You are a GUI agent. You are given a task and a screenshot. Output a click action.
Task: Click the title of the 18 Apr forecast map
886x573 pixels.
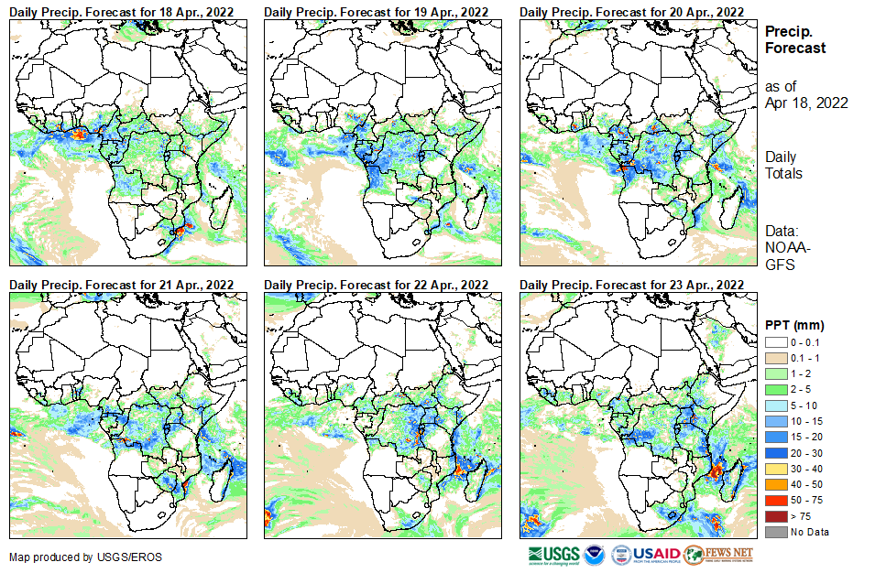pos(121,11)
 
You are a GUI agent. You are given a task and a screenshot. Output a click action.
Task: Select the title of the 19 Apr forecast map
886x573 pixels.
pos(376,11)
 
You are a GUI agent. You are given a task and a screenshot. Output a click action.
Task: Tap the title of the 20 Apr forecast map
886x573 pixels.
pos(631,11)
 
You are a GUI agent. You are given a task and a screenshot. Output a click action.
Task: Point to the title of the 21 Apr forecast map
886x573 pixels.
pos(121,285)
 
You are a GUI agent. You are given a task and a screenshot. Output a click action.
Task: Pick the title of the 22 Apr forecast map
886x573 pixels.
pos(376,285)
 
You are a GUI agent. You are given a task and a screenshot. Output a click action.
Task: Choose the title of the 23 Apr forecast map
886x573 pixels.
pos(631,285)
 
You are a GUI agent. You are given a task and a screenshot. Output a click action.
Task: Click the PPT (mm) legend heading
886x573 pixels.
pos(794,325)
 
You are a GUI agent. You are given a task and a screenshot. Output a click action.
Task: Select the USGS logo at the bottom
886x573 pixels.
pos(553,555)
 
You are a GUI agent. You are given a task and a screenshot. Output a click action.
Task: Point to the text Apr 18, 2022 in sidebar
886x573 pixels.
pos(806,103)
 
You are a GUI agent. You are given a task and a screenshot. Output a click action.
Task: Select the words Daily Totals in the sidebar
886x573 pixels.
pos(784,165)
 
